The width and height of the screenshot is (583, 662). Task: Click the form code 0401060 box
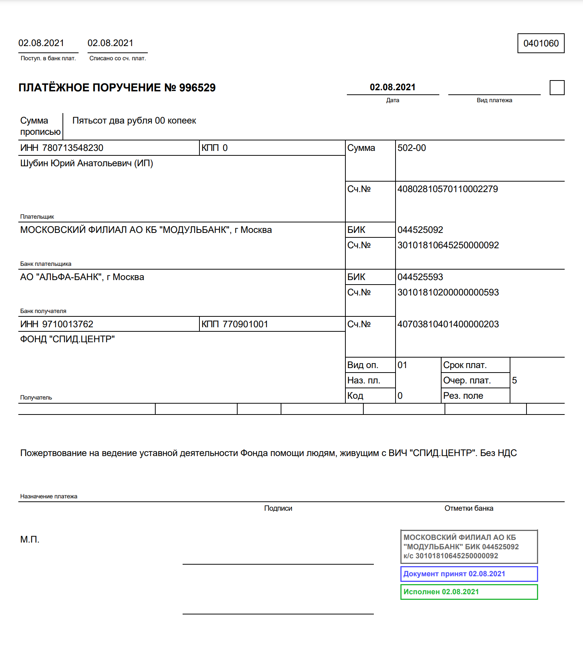tap(541, 43)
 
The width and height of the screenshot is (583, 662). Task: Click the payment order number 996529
tap(197, 88)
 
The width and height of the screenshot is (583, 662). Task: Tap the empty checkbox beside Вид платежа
tap(557, 88)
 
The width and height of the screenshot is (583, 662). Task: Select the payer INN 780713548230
tap(73, 148)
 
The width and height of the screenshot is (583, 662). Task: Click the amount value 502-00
tap(412, 148)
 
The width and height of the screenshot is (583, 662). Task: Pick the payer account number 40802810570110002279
tap(448, 189)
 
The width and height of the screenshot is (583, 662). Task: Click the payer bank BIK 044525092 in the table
tap(420, 230)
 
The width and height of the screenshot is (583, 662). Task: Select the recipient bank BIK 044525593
tap(420, 277)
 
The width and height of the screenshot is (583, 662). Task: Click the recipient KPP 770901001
tap(245, 324)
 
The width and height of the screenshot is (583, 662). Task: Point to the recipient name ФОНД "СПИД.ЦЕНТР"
tap(67, 339)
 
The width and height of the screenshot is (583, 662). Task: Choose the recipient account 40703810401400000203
tap(448, 324)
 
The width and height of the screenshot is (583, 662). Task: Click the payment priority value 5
tap(515, 380)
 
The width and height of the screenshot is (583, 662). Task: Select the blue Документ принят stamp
tap(469, 574)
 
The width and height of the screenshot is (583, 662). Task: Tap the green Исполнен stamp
tap(469, 592)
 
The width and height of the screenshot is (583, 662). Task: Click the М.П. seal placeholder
tap(30, 540)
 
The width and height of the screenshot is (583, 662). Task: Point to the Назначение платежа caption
tap(49, 496)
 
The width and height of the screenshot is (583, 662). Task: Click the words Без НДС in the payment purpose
tap(498, 453)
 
